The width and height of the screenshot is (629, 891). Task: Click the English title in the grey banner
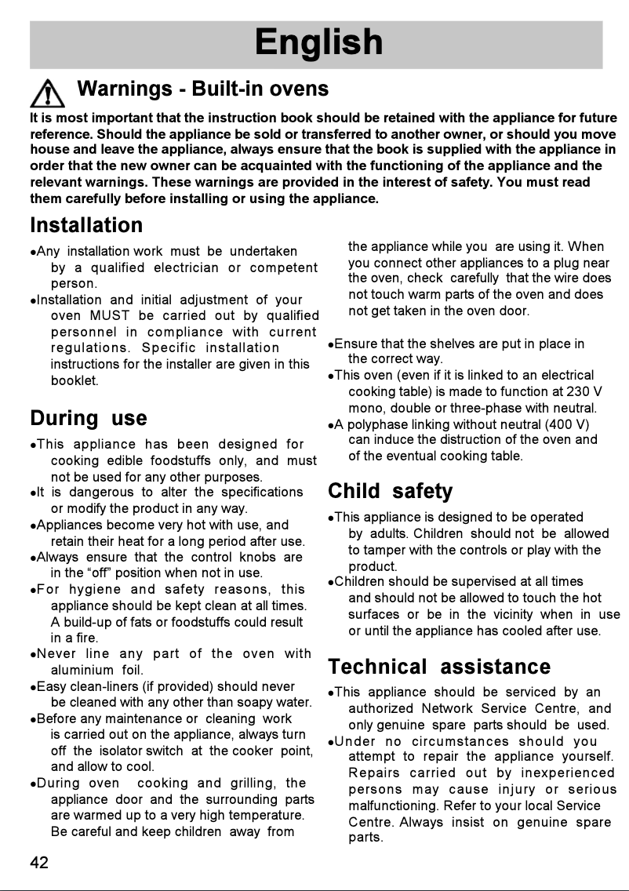(x=318, y=43)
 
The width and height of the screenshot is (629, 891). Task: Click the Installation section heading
(x=86, y=226)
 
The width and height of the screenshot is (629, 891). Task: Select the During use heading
(x=88, y=418)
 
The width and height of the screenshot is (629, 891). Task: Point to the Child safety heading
(x=390, y=492)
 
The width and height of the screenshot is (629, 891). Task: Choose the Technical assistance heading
(x=439, y=667)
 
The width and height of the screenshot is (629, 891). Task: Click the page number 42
(x=39, y=863)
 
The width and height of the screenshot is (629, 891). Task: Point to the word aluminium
(x=82, y=671)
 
